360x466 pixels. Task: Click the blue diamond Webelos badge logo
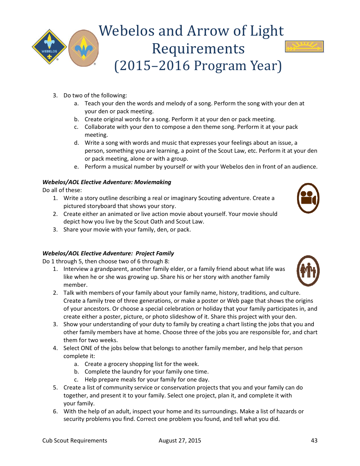pos(49,47)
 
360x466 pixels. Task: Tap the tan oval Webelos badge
pos(83,48)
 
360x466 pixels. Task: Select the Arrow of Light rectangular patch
pos(304,47)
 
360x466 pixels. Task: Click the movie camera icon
pos(308,198)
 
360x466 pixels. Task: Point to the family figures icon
pos(308,271)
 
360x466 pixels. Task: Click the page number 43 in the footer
pos(314,440)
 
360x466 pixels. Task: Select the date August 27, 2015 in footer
pos(180,440)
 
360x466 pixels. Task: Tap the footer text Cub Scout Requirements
pos(75,440)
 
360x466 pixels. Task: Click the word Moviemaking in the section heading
pos(153,182)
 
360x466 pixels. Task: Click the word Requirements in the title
pos(198,48)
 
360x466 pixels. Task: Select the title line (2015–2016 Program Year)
pos(198,66)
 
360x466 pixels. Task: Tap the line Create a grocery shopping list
pos(141,364)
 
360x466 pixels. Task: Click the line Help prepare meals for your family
pos(147,380)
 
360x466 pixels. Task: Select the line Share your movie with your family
pos(127,230)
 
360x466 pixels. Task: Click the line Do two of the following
pos(95,95)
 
